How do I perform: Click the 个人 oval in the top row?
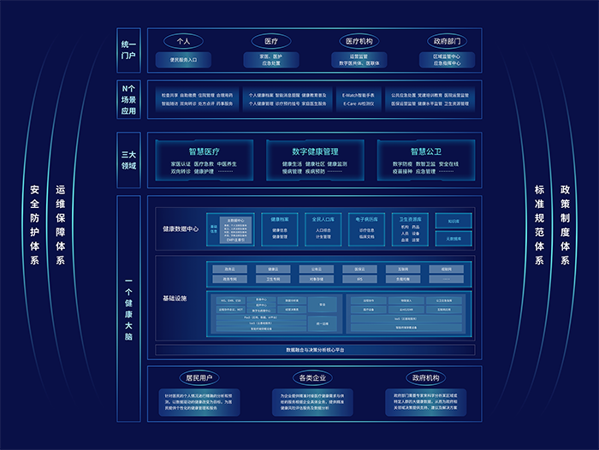click(182, 40)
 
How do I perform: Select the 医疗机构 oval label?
click(359, 40)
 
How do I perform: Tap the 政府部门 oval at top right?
click(447, 40)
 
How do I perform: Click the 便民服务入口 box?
click(182, 60)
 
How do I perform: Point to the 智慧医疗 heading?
click(205, 151)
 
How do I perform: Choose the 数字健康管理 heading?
click(315, 151)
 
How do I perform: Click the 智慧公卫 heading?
click(424, 151)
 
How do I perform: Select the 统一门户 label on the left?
click(128, 49)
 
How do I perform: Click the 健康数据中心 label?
click(181, 228)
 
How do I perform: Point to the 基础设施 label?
click(175, 298)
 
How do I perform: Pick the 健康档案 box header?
click(280, 219)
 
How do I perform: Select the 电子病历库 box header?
click(366, 219)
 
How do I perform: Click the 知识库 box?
click(453, 221)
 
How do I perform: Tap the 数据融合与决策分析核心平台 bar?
click(314, 350)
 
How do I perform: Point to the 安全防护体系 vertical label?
click(35, 224)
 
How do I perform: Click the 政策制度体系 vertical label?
click(565, 224)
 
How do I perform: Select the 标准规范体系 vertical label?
click(539, 224)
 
